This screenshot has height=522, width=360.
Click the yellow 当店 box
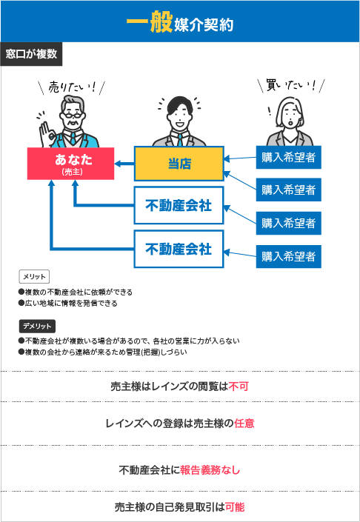179,164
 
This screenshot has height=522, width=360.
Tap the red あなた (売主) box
70,164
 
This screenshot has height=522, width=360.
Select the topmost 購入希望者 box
288,157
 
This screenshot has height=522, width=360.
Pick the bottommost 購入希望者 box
288,256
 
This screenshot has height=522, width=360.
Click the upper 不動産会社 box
179,205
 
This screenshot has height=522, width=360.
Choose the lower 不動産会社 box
179,249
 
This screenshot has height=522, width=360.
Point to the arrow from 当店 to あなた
124,164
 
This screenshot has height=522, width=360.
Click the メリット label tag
34,276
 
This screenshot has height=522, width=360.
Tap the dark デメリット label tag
37,327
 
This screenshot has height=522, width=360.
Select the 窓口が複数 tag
31,54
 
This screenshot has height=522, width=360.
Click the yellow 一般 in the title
149,24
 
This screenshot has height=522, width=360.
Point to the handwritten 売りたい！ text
72,87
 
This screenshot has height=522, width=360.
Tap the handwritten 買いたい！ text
291,86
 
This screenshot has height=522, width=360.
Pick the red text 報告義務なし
210,470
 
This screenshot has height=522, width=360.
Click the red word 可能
235,507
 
